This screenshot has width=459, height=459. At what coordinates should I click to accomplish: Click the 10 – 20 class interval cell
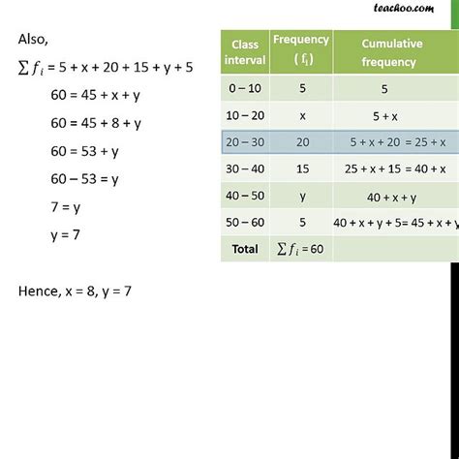click(244, 115)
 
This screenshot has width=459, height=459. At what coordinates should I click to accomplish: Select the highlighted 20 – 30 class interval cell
click(244, 142)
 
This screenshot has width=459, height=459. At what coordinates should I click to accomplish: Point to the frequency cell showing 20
click(301, 142)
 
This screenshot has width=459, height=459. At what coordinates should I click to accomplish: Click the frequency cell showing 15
click(301, 169)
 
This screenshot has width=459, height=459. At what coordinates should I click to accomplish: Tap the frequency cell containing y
click(301, 196)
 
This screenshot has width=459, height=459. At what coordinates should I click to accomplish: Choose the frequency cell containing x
click(301, 115)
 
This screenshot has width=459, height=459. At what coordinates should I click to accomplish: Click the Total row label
click(244, 249)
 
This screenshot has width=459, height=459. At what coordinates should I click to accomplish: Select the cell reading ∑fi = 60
click(301, 249)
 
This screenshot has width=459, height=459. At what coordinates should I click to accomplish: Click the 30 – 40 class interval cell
click(244, 169)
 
